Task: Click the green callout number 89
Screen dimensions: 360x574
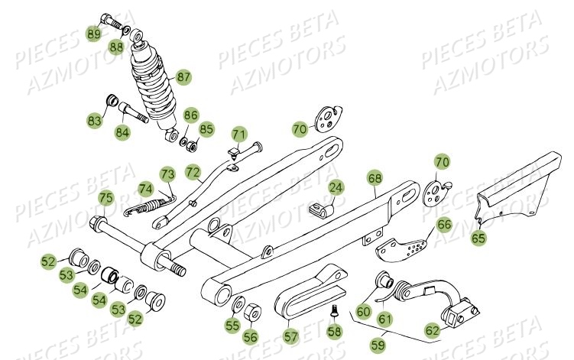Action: pyautogui.click(x=93, y=34)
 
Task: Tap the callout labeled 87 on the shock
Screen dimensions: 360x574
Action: pyautogui.click(x=183, y=77)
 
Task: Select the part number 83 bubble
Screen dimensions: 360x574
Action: pyautogui.click(x=94, y=121)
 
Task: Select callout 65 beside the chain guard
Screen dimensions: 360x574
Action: pyautogui.click(x=478, y=238)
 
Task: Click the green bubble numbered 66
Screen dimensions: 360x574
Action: pyautogui.click(x=444, y=225)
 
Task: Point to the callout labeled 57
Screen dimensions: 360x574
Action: pyautogui.click(x=290, y=335)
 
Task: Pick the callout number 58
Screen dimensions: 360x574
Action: pyautogui.click(x=334, y=332)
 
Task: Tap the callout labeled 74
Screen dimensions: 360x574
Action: pyautogui.click(x=145, y=188)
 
